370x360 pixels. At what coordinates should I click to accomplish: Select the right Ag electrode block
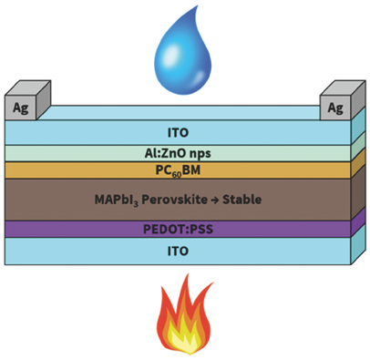338,107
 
